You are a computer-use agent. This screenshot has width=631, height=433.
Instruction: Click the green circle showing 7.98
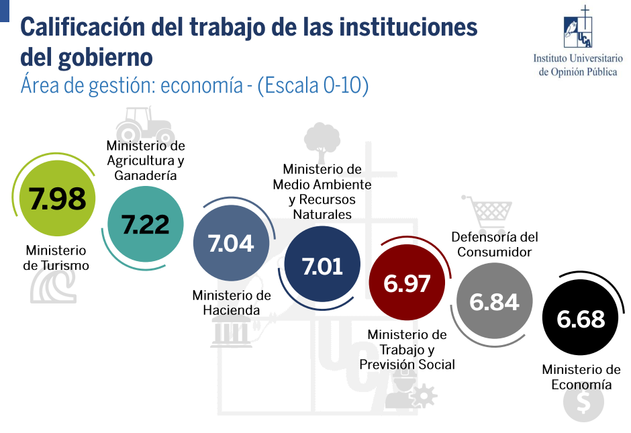[57, 199]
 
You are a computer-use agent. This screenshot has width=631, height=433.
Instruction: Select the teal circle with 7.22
[146, 224]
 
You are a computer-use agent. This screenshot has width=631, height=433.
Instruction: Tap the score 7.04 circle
[231, 243]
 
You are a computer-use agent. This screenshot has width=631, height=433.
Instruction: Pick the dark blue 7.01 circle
[322, 266]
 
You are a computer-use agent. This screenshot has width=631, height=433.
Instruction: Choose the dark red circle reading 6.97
[407, 283]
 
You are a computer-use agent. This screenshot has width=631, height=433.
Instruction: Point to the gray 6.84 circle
[494, 301]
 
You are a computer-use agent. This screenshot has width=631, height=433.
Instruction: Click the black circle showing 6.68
[581, 318]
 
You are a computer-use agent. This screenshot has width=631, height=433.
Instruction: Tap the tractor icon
[143, 124]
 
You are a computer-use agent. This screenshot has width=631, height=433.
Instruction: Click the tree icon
[322, 140]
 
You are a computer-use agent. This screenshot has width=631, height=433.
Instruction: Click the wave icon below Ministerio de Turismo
[53, 288]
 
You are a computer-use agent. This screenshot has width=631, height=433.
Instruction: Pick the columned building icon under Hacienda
[231, 333]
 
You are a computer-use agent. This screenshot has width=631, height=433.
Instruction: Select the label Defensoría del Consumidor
[495, 244]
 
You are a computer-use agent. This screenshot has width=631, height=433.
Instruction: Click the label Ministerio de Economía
[581, 377]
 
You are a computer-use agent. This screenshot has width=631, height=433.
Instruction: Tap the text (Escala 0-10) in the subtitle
[313, 86]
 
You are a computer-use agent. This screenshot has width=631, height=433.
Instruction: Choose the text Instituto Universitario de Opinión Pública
[578, 65]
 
